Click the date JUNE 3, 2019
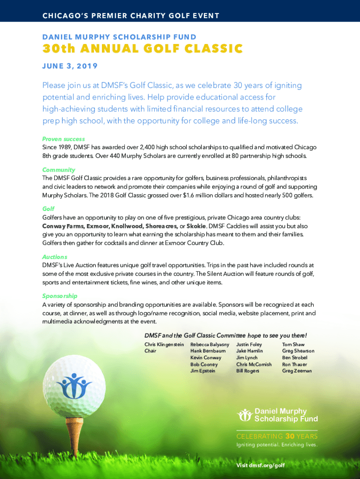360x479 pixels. (x=70, y=66)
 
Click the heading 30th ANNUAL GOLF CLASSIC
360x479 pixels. (x=142, y=49)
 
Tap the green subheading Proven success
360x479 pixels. (x=64, y=139)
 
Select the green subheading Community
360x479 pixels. (x=58, y=170)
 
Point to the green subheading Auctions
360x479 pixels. (x=55, y=257)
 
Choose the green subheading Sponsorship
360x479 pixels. (x=60, y=296)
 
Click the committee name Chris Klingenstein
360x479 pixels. (x=164, y=344)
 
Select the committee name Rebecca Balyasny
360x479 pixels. (x=210, y=344)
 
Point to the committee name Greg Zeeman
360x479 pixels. (x=297, y=370)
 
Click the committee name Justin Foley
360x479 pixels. (x=249, y=344)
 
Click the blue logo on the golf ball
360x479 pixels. (x=73, y=385)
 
